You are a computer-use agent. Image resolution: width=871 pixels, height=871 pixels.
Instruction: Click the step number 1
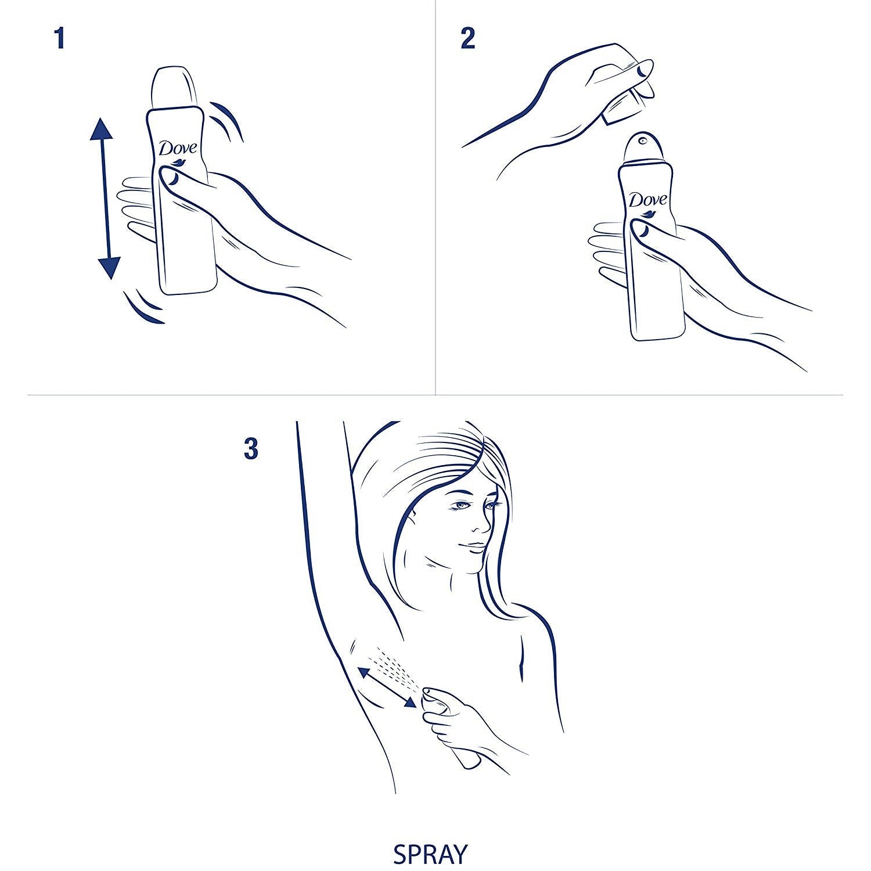point(59,38)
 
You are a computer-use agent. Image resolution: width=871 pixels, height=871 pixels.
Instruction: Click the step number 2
point(467,38)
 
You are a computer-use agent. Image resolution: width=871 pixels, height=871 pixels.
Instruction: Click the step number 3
point(251,449)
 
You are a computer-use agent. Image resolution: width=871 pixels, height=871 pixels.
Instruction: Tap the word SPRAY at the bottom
point(430,854)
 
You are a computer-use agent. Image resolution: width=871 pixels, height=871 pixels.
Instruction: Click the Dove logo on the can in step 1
point(178,150)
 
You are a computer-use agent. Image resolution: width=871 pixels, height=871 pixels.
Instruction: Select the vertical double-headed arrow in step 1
point(105,198)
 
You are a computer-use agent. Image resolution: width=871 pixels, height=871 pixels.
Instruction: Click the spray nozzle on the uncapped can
point(642,140)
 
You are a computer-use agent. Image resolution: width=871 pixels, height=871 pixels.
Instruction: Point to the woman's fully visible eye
point(461,505)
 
